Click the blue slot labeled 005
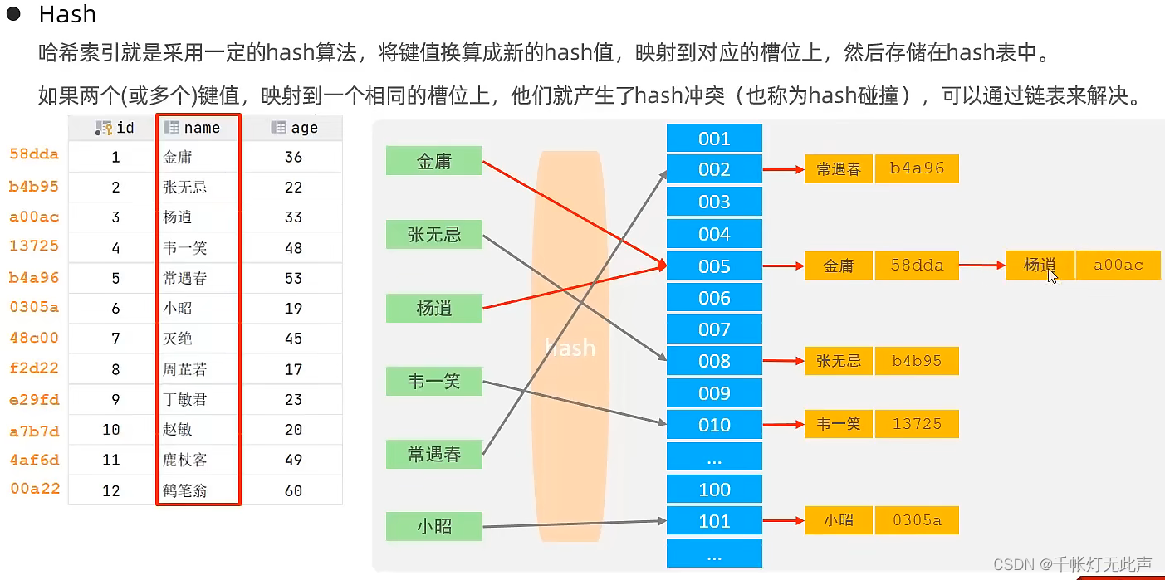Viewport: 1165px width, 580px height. (714, 266)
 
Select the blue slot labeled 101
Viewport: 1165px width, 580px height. (714, 521)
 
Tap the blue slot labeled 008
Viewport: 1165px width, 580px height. (714, 361)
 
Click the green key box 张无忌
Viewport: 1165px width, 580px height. (434, 235)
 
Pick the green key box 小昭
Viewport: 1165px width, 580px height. (434, 526)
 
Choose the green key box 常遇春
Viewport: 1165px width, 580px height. (434, 454)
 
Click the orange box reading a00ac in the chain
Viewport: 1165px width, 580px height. (1118, 265)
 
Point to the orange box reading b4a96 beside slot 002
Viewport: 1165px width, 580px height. (917, 168)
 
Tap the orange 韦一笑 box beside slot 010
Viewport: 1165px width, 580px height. (838, 424)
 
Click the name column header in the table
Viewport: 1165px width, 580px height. (198, 128)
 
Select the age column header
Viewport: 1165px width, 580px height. (295, 128)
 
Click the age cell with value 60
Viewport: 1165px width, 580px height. (293, 490)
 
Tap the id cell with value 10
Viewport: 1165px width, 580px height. (111, 430)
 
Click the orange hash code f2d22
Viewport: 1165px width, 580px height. (34, 368)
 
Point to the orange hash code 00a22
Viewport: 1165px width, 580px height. (34, 488)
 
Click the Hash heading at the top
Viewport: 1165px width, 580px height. (67, 14)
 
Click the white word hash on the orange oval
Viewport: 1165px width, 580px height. (570, 347)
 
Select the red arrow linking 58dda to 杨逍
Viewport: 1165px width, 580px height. (981, 266)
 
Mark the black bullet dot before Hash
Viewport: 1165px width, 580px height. (13, 14)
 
